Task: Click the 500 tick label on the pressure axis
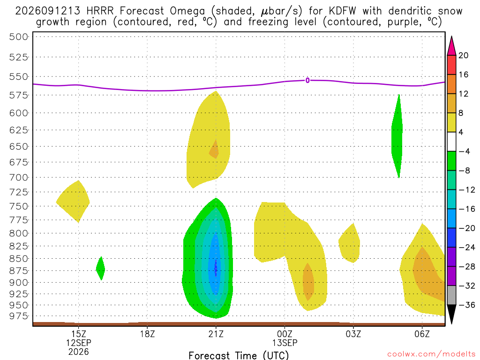point(19,37)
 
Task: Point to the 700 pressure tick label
point(19,178)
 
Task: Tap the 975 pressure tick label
point(19,316)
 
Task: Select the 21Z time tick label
point(216,334)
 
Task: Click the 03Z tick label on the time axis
point(353,334)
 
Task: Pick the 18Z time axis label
point(148,334)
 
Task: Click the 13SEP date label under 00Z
point(285,343)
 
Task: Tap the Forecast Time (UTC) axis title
point(239,355)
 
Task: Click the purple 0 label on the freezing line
point(307,81)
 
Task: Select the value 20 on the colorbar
point(464,55)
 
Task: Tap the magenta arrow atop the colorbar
point(451,46)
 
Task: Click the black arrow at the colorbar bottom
point(451,314)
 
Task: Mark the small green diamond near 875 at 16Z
point(100,269)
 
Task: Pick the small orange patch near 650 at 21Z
point(214,150)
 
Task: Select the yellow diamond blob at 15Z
point(74,202)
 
